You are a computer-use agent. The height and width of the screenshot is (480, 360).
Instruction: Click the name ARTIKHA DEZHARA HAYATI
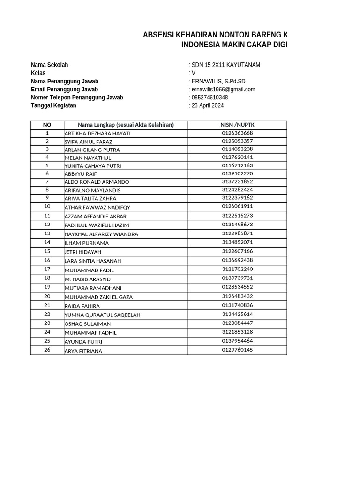(97, 134)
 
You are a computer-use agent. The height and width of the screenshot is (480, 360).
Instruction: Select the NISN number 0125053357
(237, 141)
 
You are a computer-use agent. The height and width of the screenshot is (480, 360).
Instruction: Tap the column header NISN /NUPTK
(237, 125)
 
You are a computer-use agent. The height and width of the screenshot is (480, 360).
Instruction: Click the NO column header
(47, 125)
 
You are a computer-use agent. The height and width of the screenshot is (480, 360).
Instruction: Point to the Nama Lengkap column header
(126, 125)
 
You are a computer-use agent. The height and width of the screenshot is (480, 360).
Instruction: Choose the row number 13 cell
(47, 233)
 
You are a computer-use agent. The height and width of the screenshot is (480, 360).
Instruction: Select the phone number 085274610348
(210, 97)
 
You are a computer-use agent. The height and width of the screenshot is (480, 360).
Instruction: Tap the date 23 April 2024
(208, 105)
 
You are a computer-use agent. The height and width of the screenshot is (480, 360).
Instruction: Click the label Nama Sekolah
(49, 65)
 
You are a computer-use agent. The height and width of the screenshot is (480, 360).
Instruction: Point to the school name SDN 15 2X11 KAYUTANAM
(225, 65)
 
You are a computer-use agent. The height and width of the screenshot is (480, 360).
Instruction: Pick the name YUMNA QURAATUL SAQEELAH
(103, 315)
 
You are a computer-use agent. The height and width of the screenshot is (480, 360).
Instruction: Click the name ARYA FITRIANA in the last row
(83, 351)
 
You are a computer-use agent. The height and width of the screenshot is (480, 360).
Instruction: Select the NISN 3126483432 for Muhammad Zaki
(237, 296)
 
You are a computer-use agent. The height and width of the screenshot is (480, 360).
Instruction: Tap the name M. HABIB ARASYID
(88, 279)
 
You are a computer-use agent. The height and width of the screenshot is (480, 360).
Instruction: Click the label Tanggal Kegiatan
(53, 105)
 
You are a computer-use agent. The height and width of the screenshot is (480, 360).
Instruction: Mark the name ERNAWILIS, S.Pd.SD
(218, 82)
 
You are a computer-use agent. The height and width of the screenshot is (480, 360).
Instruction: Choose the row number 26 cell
(47, 350)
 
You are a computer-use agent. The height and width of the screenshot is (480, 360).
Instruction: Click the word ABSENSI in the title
(157, 35)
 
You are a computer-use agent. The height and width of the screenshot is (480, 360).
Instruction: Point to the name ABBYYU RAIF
(81, 174)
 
